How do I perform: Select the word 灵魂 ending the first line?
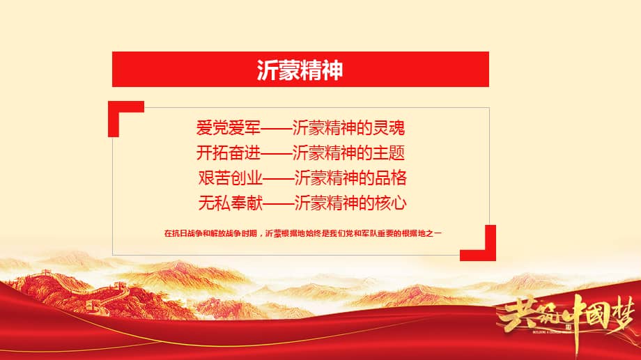point(392,128)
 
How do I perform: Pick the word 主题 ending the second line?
point(392,152)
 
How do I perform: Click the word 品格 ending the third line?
point(392,178)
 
